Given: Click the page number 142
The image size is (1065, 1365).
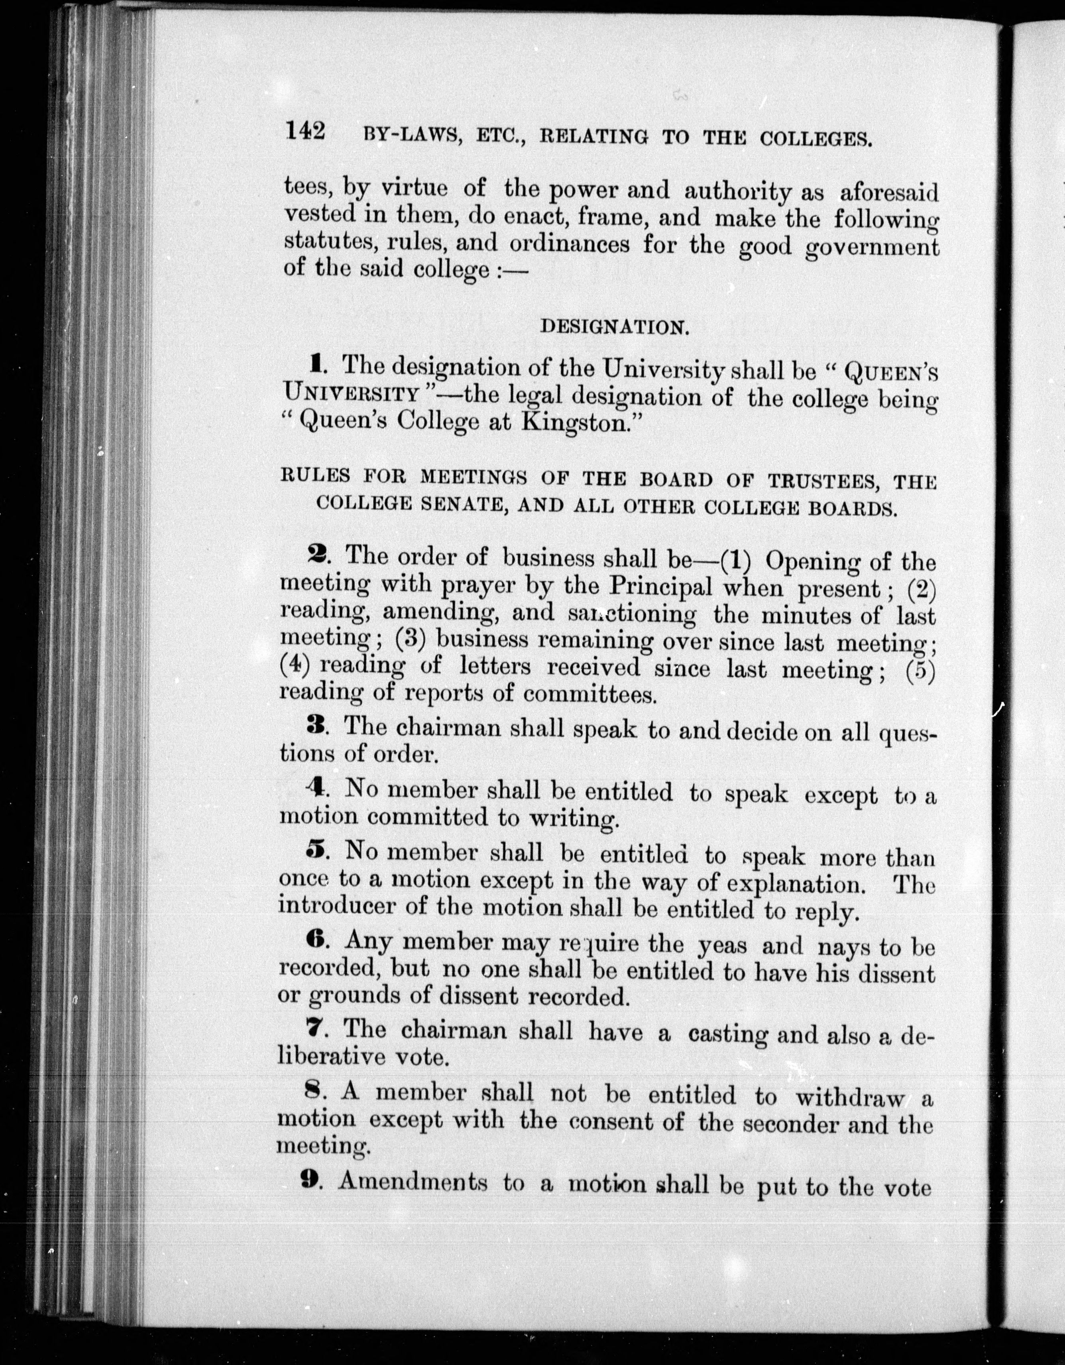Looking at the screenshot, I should (x=305, y=132).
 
